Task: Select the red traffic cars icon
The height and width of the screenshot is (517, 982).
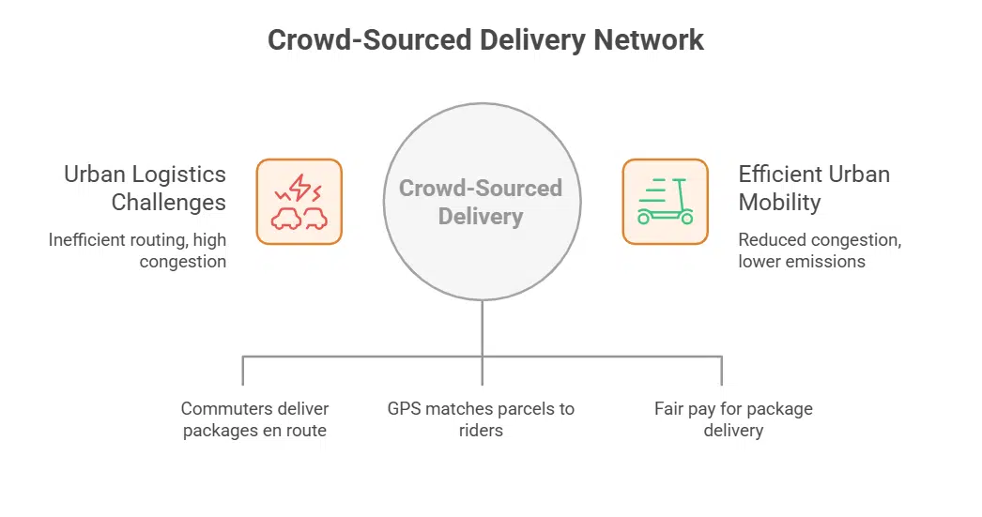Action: click(299, 202)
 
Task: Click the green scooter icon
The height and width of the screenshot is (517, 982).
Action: click(665, 202)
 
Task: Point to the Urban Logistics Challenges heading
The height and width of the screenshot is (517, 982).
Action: click(146, 188)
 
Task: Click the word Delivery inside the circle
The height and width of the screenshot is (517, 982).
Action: click(480, 217)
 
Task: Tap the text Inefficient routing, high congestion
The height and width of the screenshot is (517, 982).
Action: click(138, 251)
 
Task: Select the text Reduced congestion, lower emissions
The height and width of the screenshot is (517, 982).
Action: click(820, 251)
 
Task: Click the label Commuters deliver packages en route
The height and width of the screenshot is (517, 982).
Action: click(254, 419)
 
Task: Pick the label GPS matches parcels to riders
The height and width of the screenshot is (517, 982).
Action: click(482, 419)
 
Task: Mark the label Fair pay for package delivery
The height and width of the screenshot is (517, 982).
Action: click(733, 419)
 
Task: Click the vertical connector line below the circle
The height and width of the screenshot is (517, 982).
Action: click(482, 328)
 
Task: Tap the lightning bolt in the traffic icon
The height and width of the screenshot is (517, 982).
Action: click(299, 189)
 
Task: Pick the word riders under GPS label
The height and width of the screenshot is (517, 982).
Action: click(481, 431)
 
